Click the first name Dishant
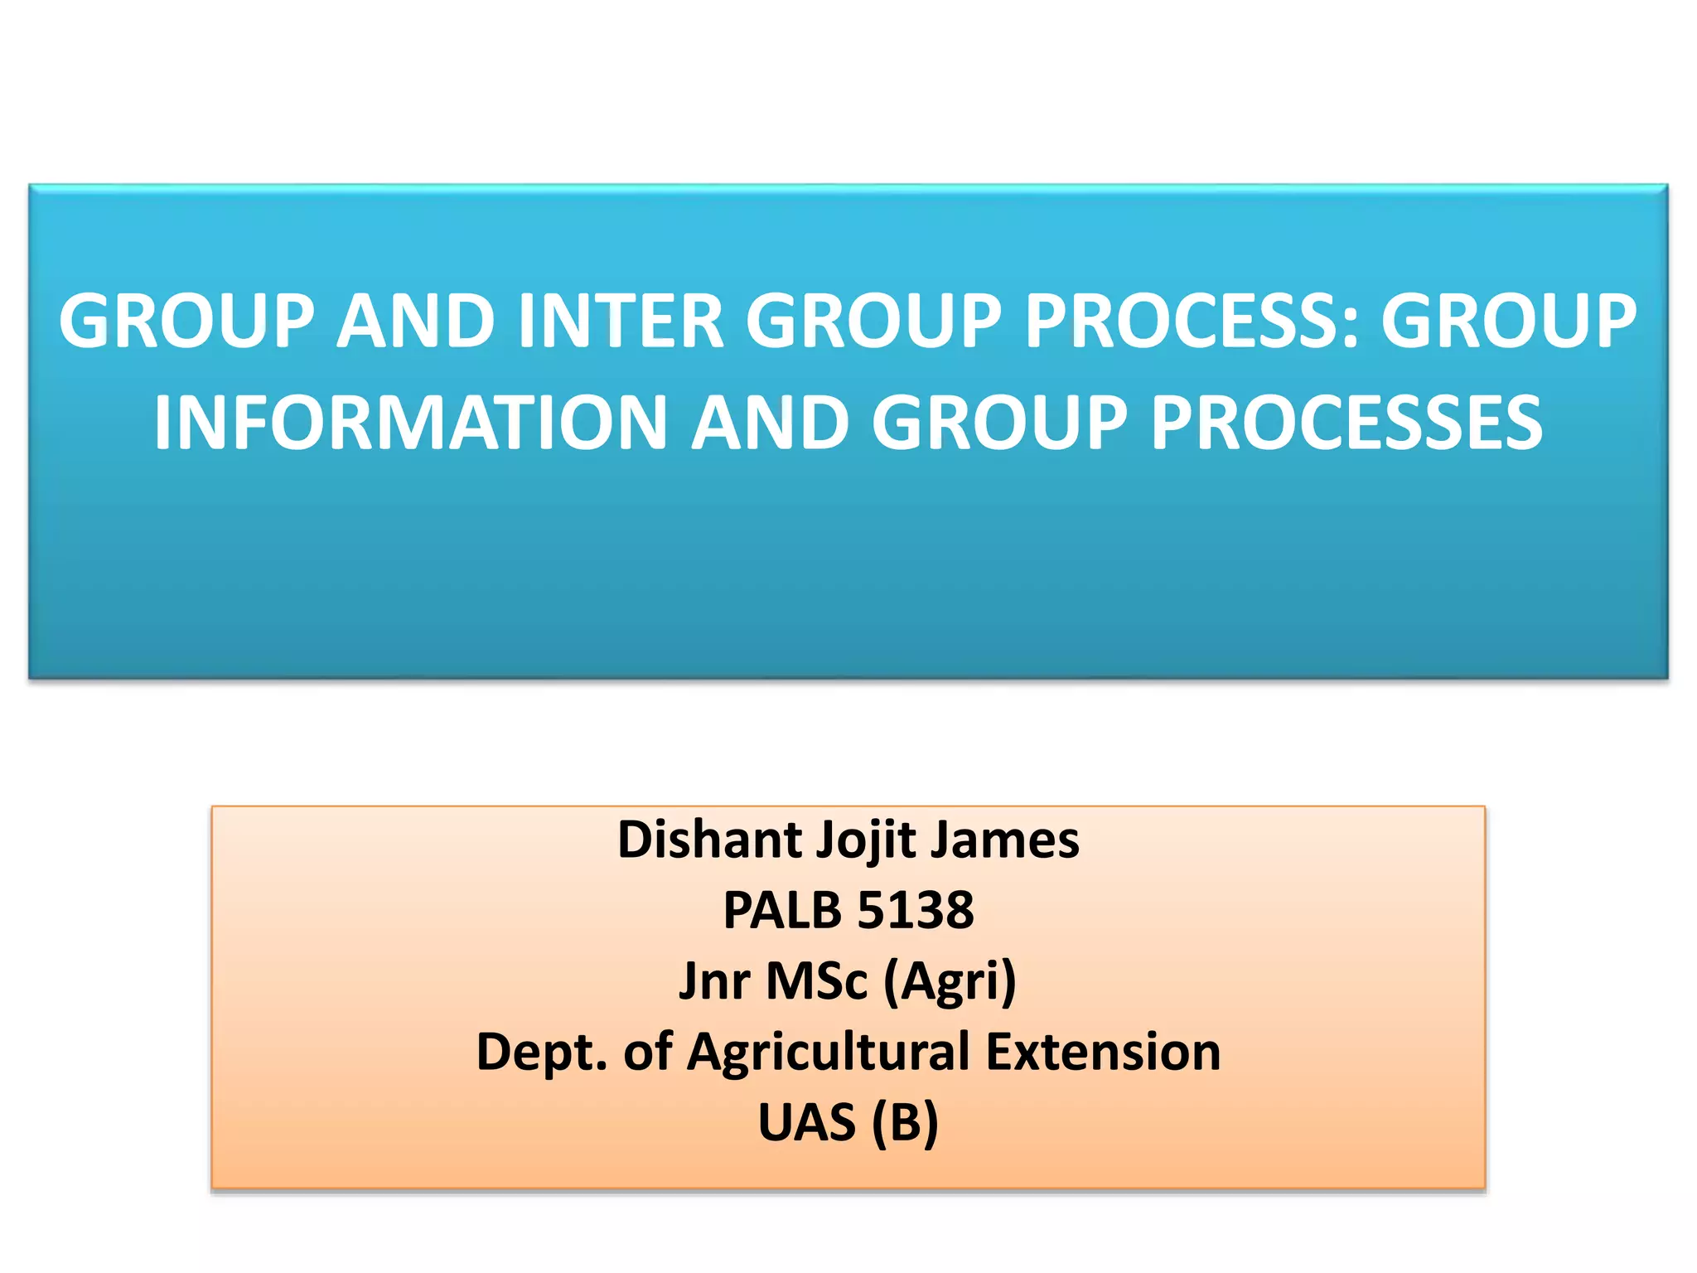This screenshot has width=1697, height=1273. [x=710, y=840]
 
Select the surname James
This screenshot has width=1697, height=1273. [x=1005, y=840]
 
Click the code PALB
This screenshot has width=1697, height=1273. [x=782, y=910]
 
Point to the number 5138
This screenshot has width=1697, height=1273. [x=915, y=910]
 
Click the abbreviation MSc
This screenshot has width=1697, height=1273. [x=816, y=980]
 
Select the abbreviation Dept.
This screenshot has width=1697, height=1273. [x=542, y=1051]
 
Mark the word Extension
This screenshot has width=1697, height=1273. [x=1103, y=1051]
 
